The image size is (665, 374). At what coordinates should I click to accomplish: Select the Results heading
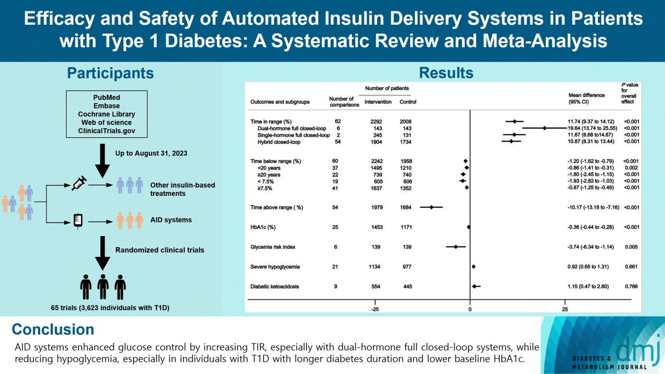pos(447,73)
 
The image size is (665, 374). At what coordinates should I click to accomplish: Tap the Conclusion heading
pos(53,329)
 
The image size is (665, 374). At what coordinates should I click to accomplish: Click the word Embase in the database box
pos(106,106)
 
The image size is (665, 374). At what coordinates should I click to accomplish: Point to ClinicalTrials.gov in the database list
pos(106,131)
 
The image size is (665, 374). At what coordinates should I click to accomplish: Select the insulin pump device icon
pos(78,220)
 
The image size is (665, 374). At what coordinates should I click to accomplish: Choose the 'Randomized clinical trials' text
pos(160,250)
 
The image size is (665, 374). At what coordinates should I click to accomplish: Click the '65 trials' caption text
pos(106,308)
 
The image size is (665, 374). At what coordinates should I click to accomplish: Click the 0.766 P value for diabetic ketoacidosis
pos(631,287)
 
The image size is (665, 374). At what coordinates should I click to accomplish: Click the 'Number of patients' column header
pos(386,88)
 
